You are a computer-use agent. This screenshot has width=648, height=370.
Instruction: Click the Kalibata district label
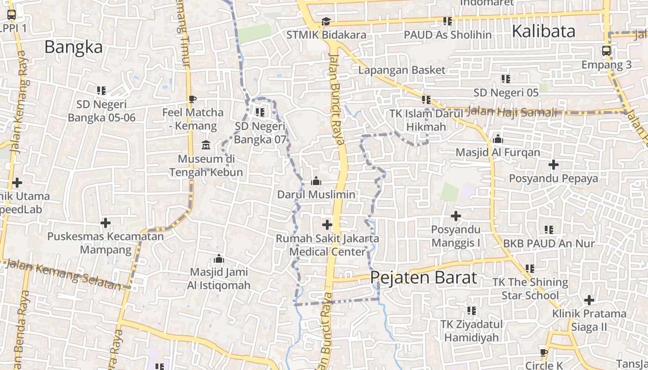pyautogui.click(x=543, y=31)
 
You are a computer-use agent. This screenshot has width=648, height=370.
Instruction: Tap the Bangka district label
pyautogui.click(x=74, y=47)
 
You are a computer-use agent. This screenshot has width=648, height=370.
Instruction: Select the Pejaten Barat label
pyautogui.click(x=424, y=277)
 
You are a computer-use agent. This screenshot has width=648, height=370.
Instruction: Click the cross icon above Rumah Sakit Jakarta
pyautogui.click(x=327, y=225)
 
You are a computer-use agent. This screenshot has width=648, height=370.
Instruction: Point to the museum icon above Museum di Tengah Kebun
pyautogui.click(x=206, y=145)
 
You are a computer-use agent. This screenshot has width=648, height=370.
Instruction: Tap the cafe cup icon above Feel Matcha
pyautogui.click(x=193, y=99)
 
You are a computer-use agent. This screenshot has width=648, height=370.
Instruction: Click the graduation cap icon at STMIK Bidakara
pyautogui.click(x=326, y=21)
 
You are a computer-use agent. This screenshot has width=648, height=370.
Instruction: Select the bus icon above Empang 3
pyautogui.click(x=606, y=51)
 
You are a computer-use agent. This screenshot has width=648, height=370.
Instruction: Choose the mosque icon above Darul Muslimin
pyautogui.click(x=316, y=181)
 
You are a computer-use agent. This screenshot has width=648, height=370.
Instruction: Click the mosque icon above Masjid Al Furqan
pyautogui.click(x=498, y=139)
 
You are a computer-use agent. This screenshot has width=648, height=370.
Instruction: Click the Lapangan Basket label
pyautogui.click(x=402, y=70)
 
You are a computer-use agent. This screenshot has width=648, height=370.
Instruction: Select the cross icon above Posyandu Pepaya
pyautogui.click(x=554, y=164)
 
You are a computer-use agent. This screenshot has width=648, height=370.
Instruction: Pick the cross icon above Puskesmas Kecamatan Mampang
pyautogui.click(x=106, y=223)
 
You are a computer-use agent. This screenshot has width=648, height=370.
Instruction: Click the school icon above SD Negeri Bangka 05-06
pyautogui.click(x=101, y=90)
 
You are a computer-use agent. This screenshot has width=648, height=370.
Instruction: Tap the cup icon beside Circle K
pyautogui.click(x=544, y=352)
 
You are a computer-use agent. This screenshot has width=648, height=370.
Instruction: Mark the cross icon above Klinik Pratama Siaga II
pyautogui.click(x=589, y=300)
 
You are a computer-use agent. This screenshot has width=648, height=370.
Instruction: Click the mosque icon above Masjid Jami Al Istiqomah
pyautogui.click(x=219, y=259)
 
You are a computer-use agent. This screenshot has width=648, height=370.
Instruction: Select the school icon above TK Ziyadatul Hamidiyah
pyautogui.click(x=472, y=311)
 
